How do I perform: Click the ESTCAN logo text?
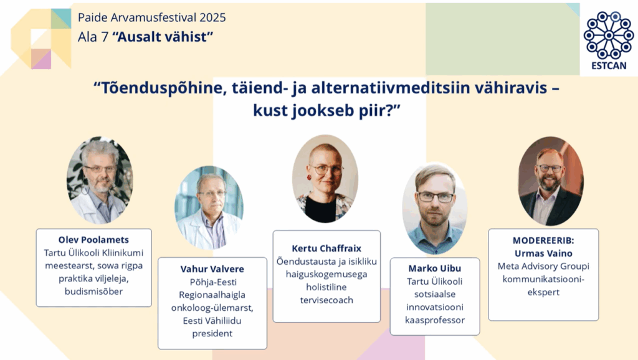609,66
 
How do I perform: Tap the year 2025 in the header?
212,17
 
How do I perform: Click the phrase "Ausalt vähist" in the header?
163,37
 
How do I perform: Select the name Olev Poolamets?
93,240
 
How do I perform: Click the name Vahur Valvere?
212,269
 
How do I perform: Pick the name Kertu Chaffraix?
326,248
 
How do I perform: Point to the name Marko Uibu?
434,268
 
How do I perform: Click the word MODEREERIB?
543,240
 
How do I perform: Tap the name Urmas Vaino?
543,253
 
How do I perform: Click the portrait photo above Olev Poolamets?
100,180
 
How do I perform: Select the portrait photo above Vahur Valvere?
209,207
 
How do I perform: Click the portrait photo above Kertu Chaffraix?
325,179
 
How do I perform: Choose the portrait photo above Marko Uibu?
434,208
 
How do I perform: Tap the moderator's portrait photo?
551,181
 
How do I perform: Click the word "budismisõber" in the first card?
93,291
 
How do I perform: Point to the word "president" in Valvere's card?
212,334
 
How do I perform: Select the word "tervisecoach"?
326,300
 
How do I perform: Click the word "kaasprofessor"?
434,320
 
